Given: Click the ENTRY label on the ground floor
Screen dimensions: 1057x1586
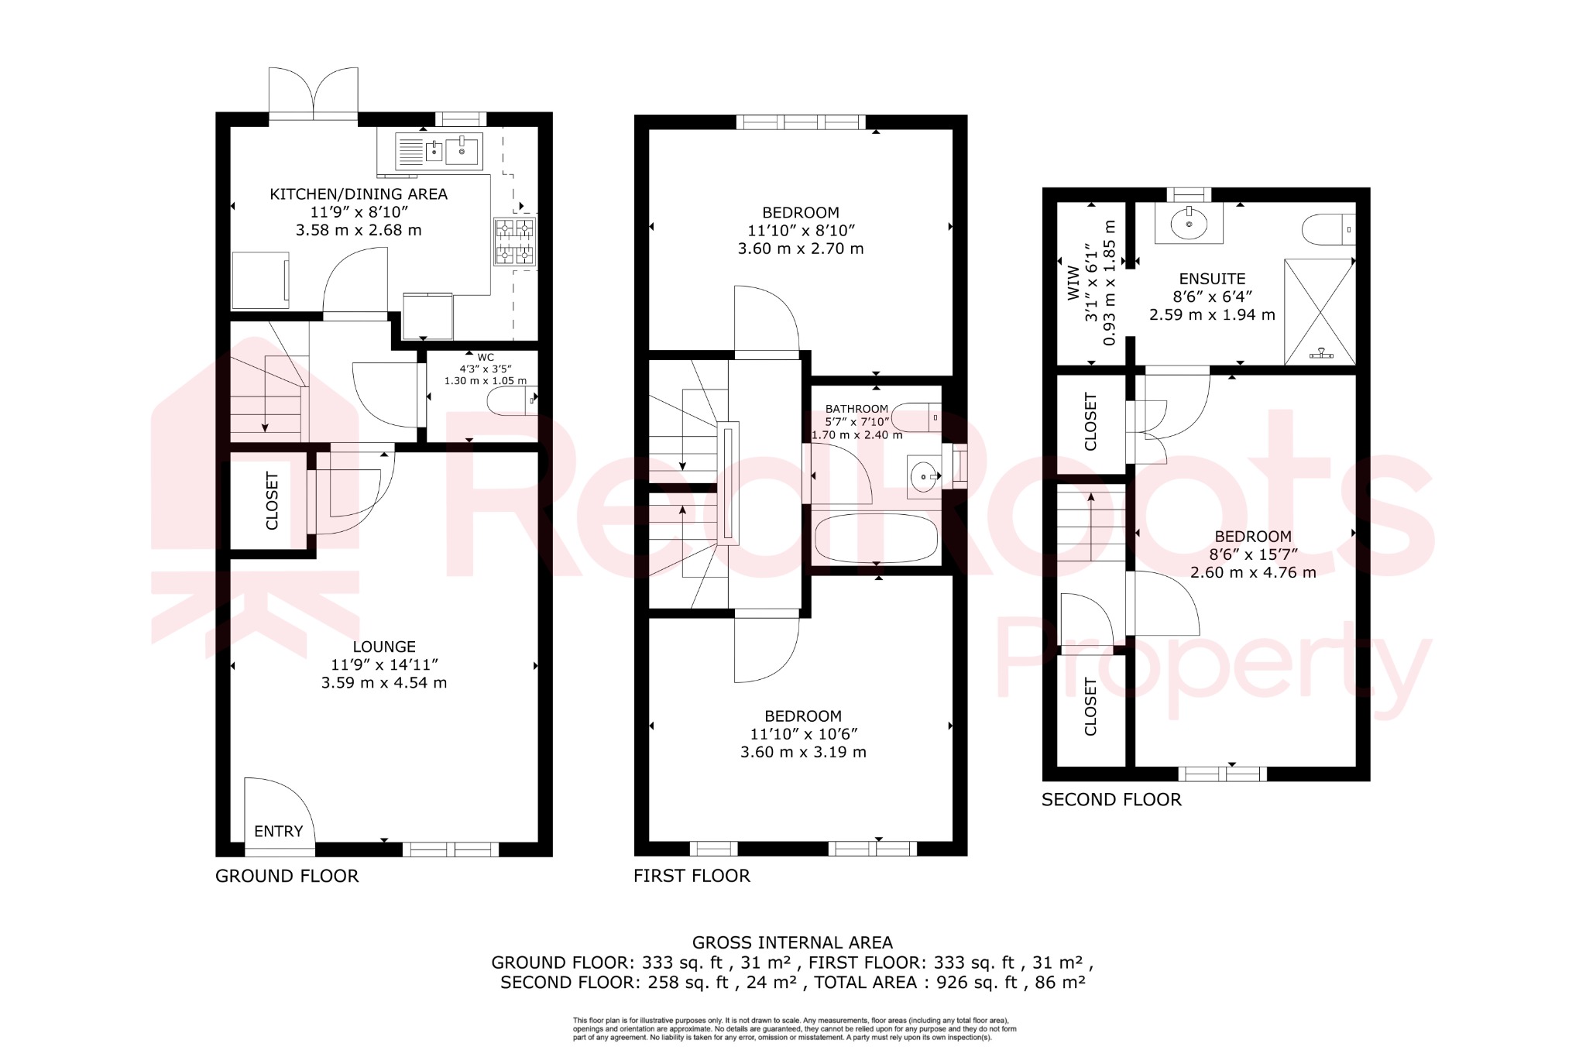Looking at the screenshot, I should pyautogui.click(x=278, y=832).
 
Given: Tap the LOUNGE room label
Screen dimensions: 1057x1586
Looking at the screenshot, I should pyautogui.click(x=384, y=647).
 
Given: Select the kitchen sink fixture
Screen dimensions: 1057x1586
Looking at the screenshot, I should pyautogui.click(x=438, y=151).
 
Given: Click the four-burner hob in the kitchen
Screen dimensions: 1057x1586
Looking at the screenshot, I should pyautogui.click(x=515, y=241).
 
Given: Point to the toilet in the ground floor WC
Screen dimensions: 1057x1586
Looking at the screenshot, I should pyautogui.click(x=512, y=400).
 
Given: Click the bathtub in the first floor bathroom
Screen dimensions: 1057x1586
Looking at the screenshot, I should pyautogui.click(x=876, y=537).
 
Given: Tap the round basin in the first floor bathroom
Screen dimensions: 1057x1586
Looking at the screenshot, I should pyautogui.click(x=923, y=476).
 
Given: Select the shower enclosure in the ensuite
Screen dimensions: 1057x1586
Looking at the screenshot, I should pyautogui.click(x=1320, y=311).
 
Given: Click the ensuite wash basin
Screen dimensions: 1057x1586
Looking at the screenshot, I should pyautogui.click(x=1189, y=224).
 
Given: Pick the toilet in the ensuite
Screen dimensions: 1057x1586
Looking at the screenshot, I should pyautogui.click(x=1328, y=229).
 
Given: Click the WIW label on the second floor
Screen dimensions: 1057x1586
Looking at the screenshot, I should pyautogui.click(x=1073, y=283).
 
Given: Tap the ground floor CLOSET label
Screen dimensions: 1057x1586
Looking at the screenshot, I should pyautogui.click(x=272, y=501).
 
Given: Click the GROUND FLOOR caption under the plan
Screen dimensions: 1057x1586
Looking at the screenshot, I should pyautogui.click(x=287, y=876).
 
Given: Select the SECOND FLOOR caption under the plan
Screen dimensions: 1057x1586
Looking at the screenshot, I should pyautogui.click(x=1111, y=800).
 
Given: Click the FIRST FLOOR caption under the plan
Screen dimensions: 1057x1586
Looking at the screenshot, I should pyautogui.click(x=692, y=876).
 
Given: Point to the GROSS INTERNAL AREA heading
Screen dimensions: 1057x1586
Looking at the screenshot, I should pyautogui.click(x=792, y=942).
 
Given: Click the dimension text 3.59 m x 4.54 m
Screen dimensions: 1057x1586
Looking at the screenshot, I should pyautogui.click(x=384, y=682).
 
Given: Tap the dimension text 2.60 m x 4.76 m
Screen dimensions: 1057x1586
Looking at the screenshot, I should pyautogui.click(x=1253, y=572).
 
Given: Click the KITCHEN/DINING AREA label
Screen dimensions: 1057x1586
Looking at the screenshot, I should pyautogui.click(x=359, y=194).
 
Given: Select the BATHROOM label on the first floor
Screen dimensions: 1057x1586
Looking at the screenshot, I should pyautogui.click(x=857, y=409).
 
